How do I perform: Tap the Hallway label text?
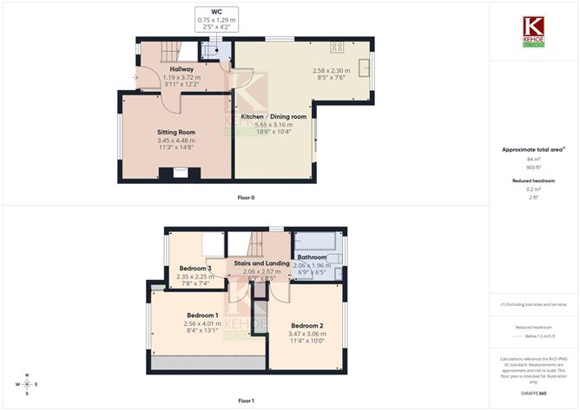coord(181,69)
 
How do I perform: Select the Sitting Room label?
coord(176,133)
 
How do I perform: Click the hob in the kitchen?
coord(337,47)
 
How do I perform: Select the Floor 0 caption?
coord(246,198)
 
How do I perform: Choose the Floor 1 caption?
coord(246,400)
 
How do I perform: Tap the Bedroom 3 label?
coord(194,269)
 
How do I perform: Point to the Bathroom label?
coord(312,257)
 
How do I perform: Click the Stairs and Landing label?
coord(261,263)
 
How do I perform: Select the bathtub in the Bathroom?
coord(315,240)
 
